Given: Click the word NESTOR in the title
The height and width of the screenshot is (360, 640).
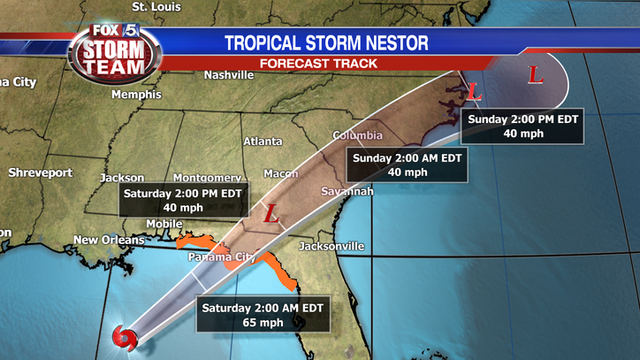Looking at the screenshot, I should [x=390, y=42].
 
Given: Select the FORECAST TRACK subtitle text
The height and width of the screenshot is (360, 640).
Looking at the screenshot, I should [x=318, y=64].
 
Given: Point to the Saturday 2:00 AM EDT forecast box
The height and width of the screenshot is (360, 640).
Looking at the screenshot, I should [x=263, y=315].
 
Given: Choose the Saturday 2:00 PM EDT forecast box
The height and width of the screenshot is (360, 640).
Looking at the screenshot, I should [x=185, y=201].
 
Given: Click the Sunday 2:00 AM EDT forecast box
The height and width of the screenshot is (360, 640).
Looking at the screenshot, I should [x=407, y=165].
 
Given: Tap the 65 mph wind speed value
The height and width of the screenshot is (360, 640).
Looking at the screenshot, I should [x=263, y=323].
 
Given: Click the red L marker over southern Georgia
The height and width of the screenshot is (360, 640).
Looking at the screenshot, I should [x=272, y=213].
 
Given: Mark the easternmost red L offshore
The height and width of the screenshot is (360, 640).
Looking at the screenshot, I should [x=535, y=75].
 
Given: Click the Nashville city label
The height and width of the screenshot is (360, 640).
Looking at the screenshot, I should [x=229, y=75].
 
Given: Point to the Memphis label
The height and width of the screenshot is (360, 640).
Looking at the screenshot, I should [x=136, y=94].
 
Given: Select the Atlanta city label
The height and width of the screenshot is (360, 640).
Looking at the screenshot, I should [x=263, y=142].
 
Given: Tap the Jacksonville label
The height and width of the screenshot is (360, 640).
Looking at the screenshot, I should [x=331, y=245].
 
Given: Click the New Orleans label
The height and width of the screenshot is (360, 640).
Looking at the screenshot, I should [x=109, y=240].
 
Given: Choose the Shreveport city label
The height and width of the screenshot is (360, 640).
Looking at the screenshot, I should [x=40, y=172].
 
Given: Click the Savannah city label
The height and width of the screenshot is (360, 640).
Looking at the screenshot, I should [x=347, y=191].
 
